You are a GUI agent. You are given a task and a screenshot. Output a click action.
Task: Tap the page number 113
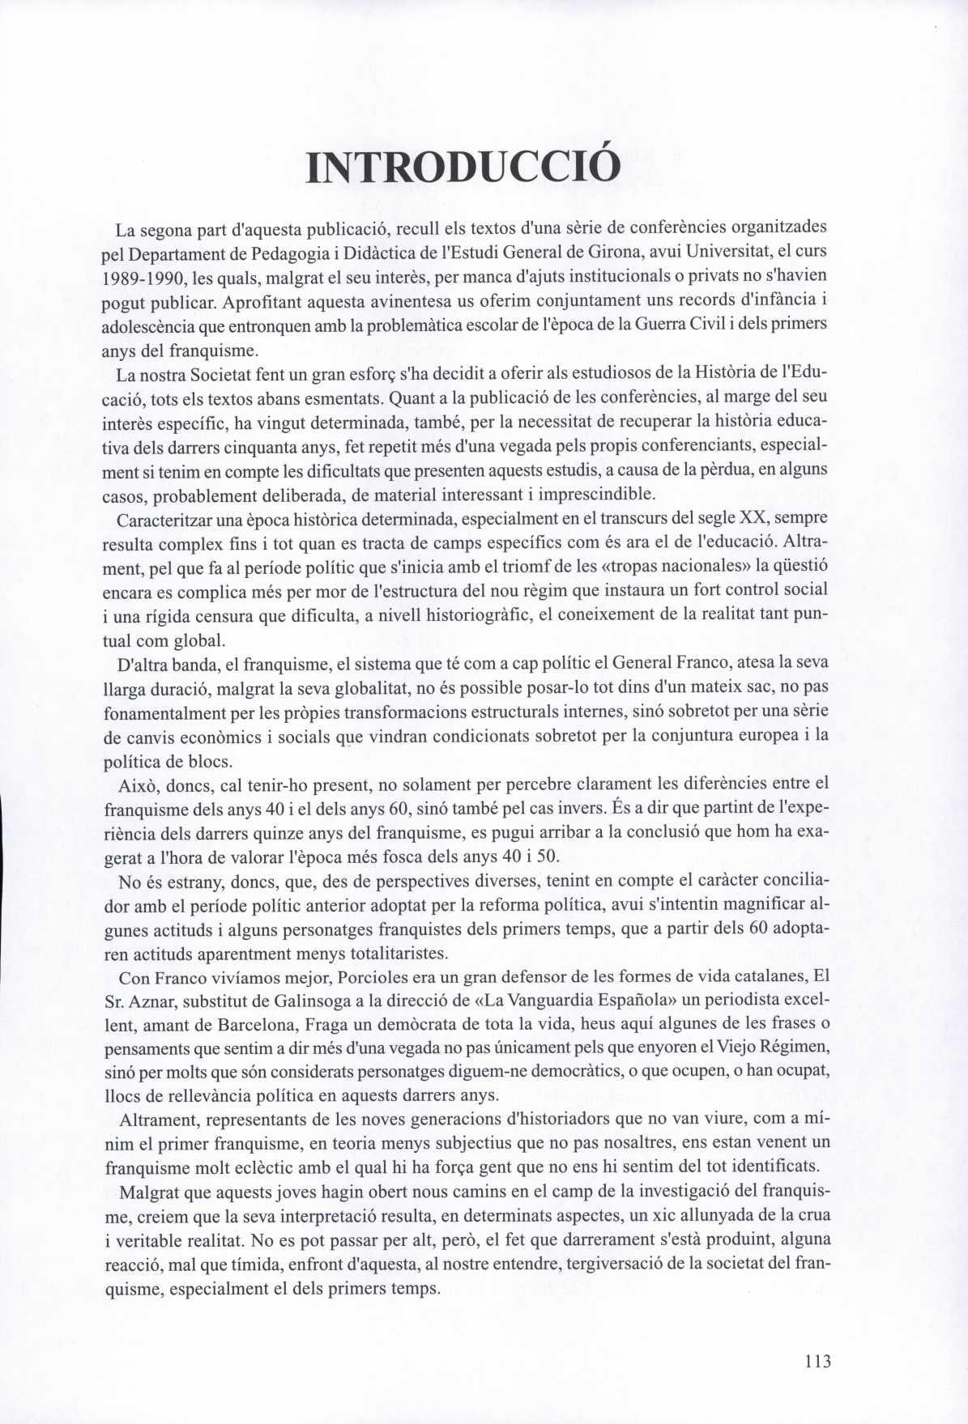click(x=817, y=1361)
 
